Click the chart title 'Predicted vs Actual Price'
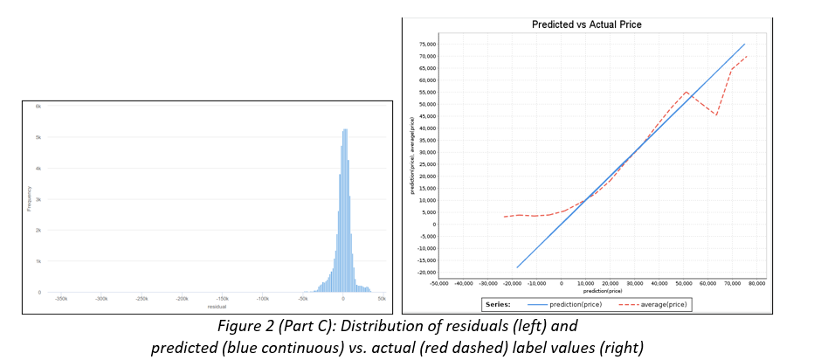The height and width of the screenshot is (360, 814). coord(586,24)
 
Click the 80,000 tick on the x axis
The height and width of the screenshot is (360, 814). coord(755,283)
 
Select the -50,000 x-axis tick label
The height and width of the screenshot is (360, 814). coord(439,283)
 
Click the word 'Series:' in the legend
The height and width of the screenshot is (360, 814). coord(499,304)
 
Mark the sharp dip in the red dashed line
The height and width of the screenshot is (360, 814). coord(716,114)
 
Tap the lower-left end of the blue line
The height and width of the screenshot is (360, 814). coord(517,267)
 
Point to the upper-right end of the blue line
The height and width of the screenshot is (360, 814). coord(745,44)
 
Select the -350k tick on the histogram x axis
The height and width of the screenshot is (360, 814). coord(61,299)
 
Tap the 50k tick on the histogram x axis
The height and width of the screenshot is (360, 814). coord(382,299)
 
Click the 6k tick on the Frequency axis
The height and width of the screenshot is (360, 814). coord(38,106)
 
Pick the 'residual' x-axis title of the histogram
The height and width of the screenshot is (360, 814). coord(217,307)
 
